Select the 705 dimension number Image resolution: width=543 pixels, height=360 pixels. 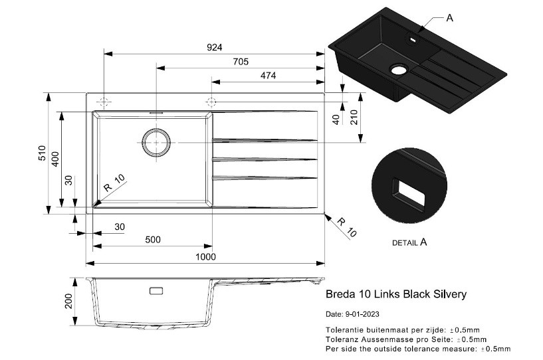[x=241, y=62]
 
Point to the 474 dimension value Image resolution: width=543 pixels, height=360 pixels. [x=268, y=76]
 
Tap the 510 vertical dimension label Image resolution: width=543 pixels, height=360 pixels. [x=41, y=154]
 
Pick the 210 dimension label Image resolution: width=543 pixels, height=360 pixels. [x=354, y=117]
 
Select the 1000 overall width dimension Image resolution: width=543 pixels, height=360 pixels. [x=206, y=256]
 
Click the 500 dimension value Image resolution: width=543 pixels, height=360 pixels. [x=153, y=240]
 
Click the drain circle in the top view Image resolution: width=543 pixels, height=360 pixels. [x=156, y=143]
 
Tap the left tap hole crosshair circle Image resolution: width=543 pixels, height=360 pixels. [x=104, y=102]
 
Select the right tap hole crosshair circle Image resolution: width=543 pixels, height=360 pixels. [x=211, y=102]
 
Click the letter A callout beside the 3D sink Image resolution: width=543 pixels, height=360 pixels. [x=449, y=18]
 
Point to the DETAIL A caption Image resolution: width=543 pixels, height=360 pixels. [x=409, y=242]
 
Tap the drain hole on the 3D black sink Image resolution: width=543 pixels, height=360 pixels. [x=398, y=69]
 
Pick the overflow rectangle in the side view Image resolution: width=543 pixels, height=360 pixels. [x=157, y=291]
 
